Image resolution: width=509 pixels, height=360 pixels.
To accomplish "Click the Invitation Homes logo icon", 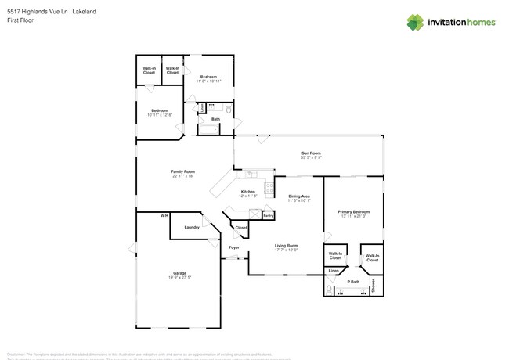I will coord(415,23).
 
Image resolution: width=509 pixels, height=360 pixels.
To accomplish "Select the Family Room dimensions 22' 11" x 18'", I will coord(182,176).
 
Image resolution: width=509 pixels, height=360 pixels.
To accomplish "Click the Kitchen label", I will coord(247,191).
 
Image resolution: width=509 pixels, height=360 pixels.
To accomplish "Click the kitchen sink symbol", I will coord(251,174).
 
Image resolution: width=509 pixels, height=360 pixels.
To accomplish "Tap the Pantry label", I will coord(268,214).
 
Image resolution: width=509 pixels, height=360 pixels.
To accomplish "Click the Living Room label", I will coord(286,246).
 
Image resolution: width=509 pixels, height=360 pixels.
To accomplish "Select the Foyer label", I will coord(233,248).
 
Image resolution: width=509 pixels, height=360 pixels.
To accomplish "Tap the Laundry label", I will coord(191,227).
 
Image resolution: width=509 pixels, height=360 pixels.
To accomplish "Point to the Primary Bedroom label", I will coord(353,212).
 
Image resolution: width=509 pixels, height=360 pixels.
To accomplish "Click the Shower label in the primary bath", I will coord(374,284).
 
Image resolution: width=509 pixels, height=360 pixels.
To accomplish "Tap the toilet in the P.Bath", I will coord(330,290).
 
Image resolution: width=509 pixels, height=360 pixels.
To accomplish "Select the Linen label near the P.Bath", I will coord(334,271).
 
